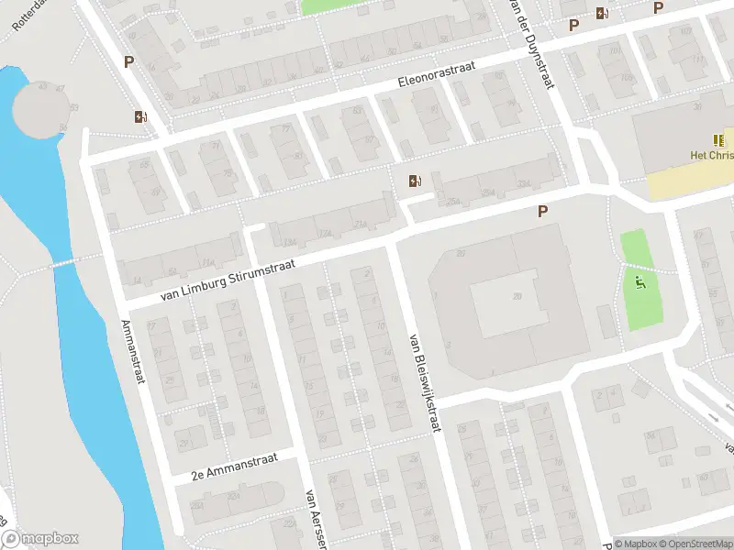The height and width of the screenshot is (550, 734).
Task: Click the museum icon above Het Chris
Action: tap(718, 141)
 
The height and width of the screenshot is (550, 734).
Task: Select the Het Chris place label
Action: tap(712, 156)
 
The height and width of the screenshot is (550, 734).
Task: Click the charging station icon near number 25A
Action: tap(415, 181)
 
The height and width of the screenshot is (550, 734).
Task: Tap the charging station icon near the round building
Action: tap(140, 116)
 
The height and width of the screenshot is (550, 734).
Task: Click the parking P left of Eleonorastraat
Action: tap(129, 61)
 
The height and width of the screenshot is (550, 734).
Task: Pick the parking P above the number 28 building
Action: tap(542, 212)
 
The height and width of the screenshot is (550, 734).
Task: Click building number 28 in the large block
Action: tap(517, 296)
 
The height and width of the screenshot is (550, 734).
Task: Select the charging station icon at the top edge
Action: tap(602, 13)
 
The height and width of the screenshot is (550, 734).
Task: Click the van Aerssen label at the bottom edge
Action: tap(317, 519)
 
